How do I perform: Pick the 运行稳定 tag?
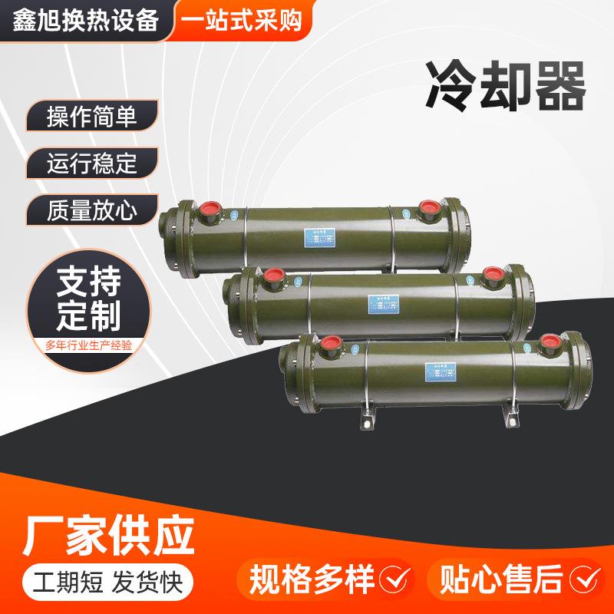(x=91, y=163)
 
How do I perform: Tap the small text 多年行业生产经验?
(x=90, y=347)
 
